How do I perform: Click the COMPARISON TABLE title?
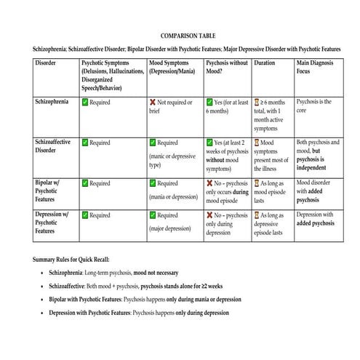point(188,35)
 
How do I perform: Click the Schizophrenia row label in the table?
point(52,102)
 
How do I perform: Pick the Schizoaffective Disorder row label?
point(52,146)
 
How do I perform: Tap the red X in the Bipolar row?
point(210,183)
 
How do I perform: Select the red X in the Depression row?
point(210,216)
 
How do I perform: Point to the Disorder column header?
point(45,63)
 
